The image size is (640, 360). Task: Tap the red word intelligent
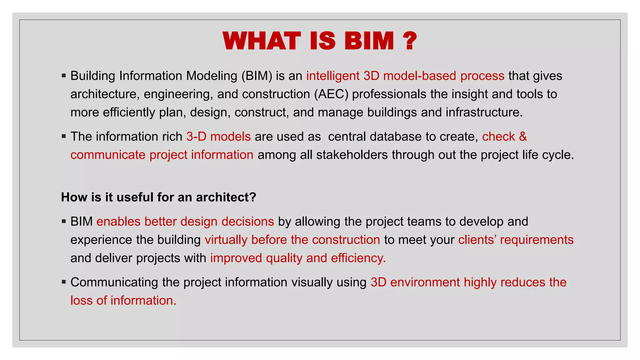pos(333,76)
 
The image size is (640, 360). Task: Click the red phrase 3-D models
pos(218,137)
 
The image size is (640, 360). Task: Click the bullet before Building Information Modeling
pos(64,76)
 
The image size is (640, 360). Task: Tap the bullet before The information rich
pos(64,136)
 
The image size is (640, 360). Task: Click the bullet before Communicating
pos(64,282)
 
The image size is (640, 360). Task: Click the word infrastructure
pos(484,112)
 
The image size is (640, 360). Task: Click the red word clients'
pos(477,240)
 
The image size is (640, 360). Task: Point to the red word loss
pos(81,301)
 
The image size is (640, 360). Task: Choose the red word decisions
pos(247,222)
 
